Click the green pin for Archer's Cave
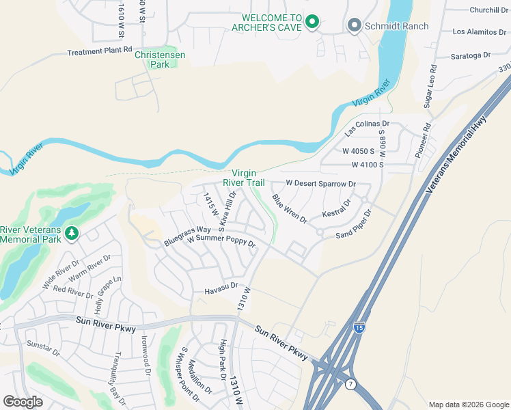point(312,22)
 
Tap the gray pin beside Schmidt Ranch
point(354,26)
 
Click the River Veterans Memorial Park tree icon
point(72,234)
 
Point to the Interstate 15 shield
point(359,329)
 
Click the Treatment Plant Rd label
point(99,51)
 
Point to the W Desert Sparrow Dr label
point(320,184)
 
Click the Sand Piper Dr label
point(354,224)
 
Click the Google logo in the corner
point(23,401)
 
